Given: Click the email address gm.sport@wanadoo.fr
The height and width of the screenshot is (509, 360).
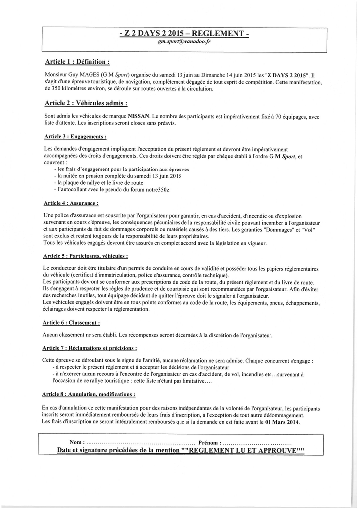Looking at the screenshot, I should coord(184,42).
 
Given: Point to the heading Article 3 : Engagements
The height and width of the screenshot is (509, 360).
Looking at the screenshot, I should coord(75,136).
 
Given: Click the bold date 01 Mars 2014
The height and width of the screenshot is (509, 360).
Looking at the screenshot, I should coord(282,422).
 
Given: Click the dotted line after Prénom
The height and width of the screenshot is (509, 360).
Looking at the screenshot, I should coord(257,442).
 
